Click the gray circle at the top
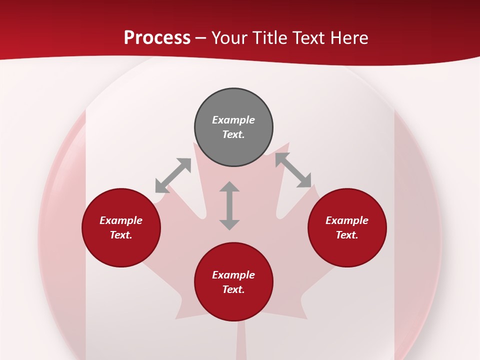(x=233, y=127)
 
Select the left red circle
(x=121, y=227)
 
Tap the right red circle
(x=347, y=227)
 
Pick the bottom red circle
(x=233, y=282)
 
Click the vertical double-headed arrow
(x=229, y=205)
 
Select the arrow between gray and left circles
(x=173, y=175)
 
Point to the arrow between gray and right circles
(x=293, y=170)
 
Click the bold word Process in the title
(x=157, y=37)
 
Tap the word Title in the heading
(x=270, y=37)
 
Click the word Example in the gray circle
(x=233, y=120)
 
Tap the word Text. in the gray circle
(x=233, y=134)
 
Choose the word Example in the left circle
(x=121, y=220)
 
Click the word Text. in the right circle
(x=347, y=235)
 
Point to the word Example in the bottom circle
(x=233, y=275)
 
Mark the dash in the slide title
(x=200, y=38)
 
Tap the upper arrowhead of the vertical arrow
(x=229, y=187)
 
